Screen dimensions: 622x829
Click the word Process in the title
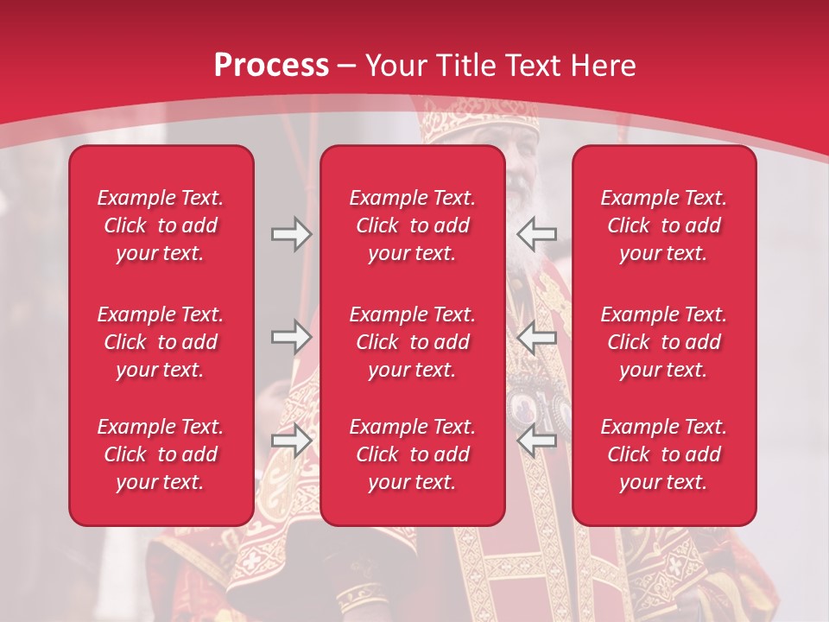271,66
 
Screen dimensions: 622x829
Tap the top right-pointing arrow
291,233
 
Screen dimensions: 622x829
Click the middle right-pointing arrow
291,337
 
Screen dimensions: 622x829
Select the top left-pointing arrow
537,233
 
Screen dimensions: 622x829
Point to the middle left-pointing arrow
537,337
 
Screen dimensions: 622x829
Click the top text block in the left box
161,225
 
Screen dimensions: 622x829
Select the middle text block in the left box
161,342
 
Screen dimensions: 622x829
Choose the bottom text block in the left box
161,454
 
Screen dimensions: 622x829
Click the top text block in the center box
412,225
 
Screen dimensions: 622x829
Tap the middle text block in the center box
412,342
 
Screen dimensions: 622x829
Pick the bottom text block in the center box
412,454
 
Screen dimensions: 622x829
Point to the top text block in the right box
663,225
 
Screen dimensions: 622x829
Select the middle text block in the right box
663,342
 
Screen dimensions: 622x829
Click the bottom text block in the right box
663,454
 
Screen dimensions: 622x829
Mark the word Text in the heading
531,66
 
